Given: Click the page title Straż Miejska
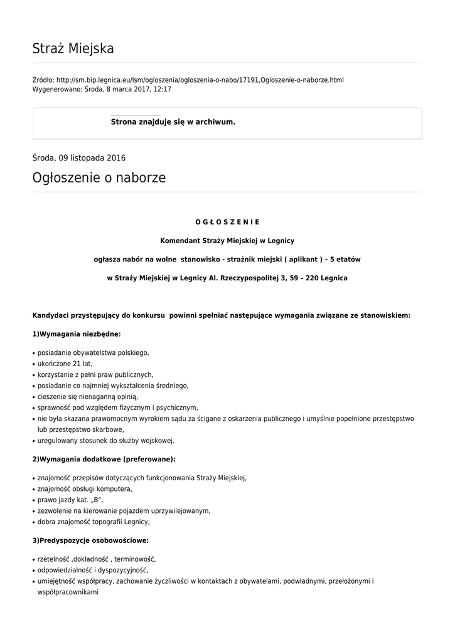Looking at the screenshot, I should (73, 49).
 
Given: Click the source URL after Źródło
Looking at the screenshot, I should (200, 80).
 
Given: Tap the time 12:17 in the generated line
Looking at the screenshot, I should (163, 90).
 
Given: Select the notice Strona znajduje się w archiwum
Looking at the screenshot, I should (173, 122).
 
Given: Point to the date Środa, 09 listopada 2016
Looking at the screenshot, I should (78, 158).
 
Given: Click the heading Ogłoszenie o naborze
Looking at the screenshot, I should (99, 178).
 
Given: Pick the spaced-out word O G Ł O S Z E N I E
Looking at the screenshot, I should (227, 222).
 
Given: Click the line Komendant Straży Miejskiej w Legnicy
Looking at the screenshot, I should (227, 240).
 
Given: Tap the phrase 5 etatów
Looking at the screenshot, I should (345, 259).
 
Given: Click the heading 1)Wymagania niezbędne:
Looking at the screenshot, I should (77, 334).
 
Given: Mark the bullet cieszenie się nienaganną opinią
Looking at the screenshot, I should (87, 397).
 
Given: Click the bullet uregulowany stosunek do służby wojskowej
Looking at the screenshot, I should (105, 441).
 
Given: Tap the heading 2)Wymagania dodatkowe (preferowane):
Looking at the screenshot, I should (104, 459).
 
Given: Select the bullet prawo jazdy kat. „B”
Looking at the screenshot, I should (70, 500).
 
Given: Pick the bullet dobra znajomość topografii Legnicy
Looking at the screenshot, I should (94, 522).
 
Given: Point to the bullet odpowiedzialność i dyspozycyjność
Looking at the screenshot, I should (93, 571).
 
